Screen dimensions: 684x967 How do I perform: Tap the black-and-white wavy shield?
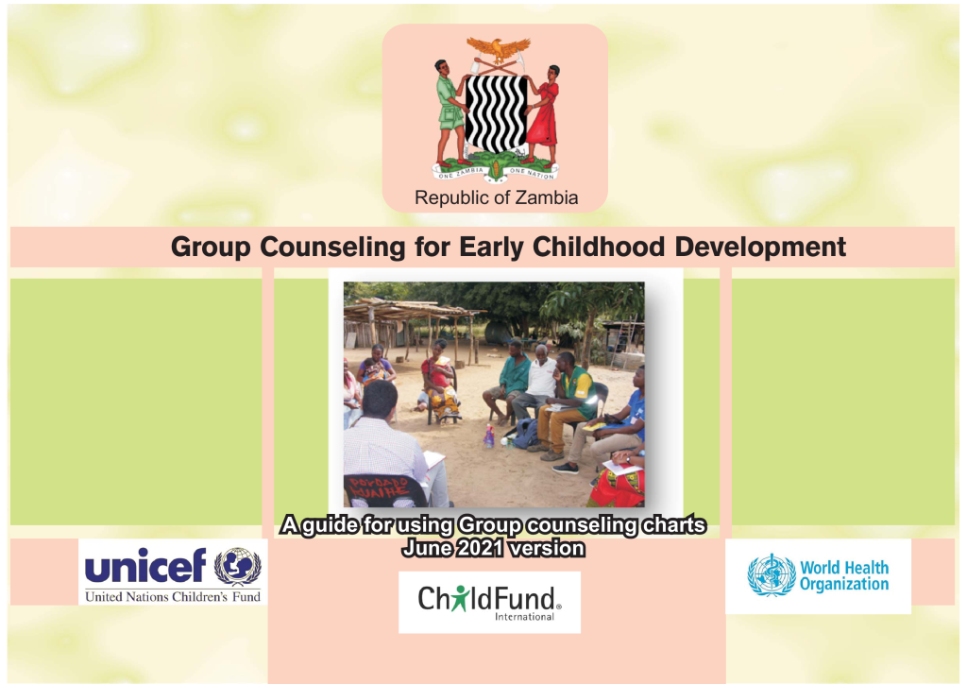pyautogui.click(x=495, y=113)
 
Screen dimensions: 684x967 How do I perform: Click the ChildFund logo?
pyautogui.click(x=489, y=601)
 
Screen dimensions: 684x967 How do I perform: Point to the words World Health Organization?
pyautogui.click(x=844, y=575)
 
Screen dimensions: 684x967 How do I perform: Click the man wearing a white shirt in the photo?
pyautogui.click(x=542, y=378)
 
